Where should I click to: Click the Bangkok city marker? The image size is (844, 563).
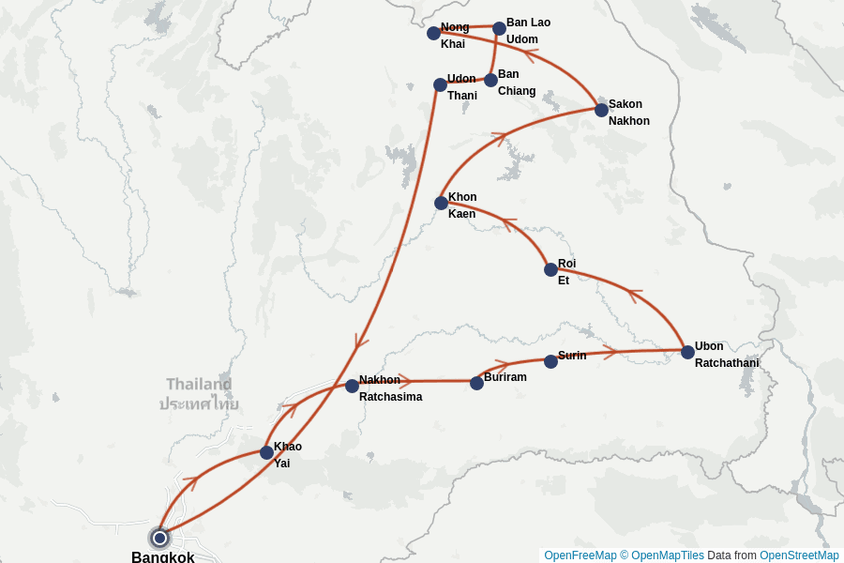[159, 538]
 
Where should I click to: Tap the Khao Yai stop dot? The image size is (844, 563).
[266, 452]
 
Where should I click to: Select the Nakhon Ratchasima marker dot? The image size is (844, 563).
[352, 386]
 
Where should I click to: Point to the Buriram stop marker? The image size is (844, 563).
[476, 383]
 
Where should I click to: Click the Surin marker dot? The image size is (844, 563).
[550, 361]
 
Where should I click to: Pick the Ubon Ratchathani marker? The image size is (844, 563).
[687, 352]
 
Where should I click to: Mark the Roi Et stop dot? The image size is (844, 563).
[550, 269]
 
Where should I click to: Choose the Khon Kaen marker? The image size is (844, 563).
[441, 203]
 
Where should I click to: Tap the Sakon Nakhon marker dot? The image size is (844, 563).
[601, 110]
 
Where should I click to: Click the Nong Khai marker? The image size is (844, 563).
[433, 33]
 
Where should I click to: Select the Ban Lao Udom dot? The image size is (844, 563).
[499, 28]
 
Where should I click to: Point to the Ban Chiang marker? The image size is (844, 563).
[490, 80]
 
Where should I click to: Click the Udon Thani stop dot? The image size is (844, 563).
[440, 84]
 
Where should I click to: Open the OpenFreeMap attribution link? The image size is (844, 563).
[580, 555]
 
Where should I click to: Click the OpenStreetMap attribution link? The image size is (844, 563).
[799, 555]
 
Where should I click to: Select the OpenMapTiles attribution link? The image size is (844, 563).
[668, 555]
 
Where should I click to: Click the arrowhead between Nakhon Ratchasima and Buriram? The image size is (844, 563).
[406, 381]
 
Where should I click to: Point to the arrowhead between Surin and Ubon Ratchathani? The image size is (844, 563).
[610, 353]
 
